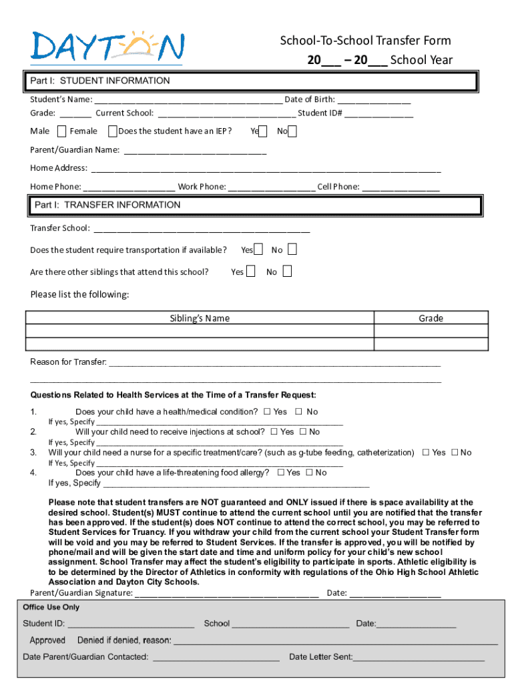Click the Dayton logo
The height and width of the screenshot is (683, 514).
point(107,47)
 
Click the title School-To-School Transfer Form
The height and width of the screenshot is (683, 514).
point(365,41)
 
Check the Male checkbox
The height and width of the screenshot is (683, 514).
point(62,131)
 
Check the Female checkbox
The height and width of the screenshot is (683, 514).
point(112,131)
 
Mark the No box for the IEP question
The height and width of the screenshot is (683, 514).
point(292,131)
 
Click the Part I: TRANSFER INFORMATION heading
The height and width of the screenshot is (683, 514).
point(107,205)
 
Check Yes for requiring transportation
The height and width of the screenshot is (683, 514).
point(258,249)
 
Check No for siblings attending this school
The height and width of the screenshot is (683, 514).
point(286,271)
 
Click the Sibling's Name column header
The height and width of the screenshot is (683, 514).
point(200,318)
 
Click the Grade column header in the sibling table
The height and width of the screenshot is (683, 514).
point(431,318)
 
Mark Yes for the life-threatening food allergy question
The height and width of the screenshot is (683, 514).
point(280,473)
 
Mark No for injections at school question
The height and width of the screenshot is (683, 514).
point(303,432)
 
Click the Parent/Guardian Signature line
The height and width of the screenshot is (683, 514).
point(227,593)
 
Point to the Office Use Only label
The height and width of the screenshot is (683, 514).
point(51,608)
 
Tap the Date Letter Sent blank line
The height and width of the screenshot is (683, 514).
point(419,658)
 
